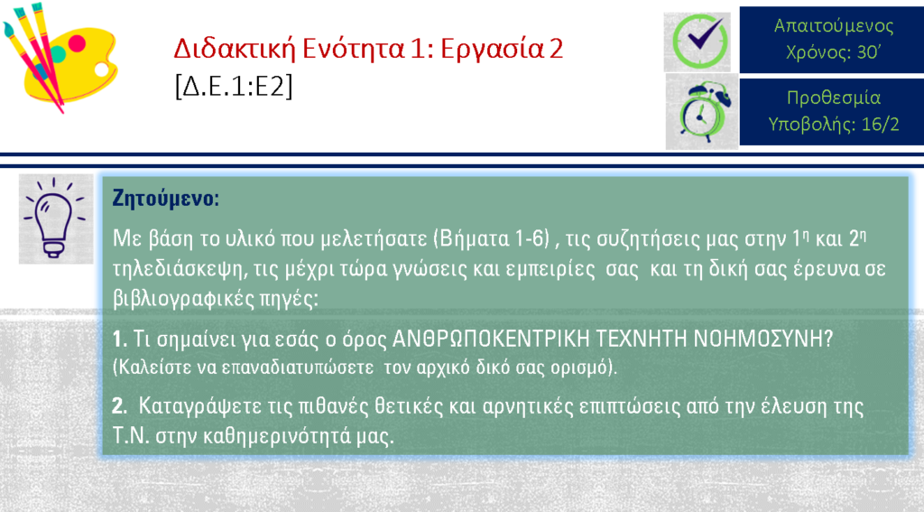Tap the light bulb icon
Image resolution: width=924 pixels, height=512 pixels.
click(55, 219)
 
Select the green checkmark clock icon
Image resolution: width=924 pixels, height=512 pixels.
click(698, 42)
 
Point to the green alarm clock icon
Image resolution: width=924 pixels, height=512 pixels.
click(702, 111)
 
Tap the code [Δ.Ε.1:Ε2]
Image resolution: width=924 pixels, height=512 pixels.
click(234, 88)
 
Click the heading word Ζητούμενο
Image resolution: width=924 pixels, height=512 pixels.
click(166, 198)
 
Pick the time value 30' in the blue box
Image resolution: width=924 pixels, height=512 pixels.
click(868, 52)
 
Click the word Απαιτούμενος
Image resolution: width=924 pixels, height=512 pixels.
click(833, 26)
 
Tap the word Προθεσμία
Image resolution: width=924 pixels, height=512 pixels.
click(833, 98)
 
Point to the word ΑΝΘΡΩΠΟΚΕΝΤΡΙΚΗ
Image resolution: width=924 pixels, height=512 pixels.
click(491, 339)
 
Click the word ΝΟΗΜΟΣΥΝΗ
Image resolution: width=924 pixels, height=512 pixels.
click(763, 339)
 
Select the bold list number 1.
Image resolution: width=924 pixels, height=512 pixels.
click(120, 339)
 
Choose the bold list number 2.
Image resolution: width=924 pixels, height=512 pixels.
click(120, 405)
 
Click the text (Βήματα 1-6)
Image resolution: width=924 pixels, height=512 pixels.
click(492, 239)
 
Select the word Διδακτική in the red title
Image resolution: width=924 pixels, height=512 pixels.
click(234, 49)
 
